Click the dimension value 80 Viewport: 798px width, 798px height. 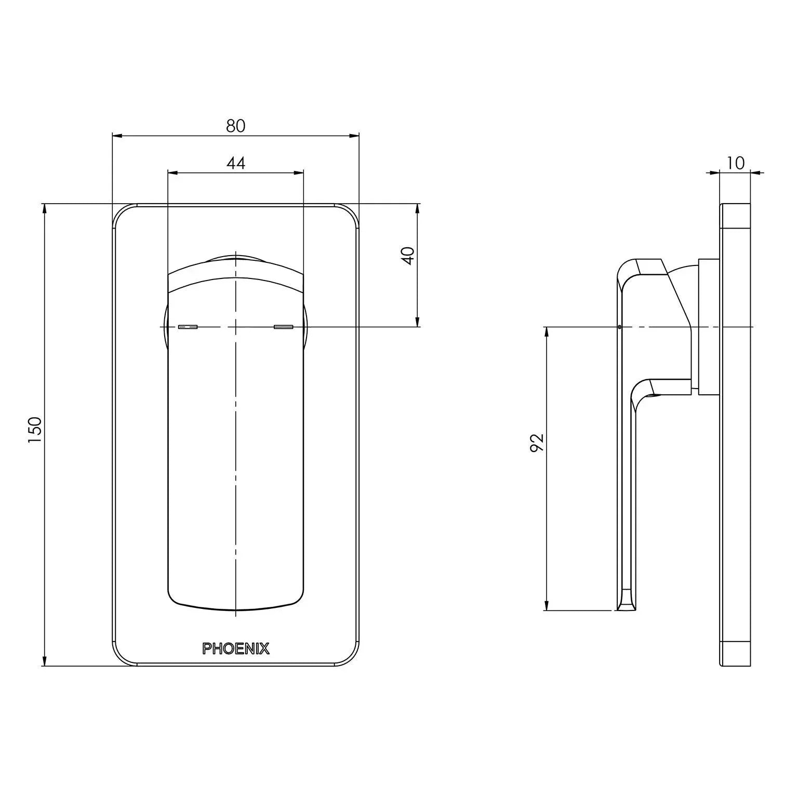(235, 126)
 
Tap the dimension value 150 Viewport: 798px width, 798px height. (35, 429)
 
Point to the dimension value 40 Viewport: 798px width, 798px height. (409, 256)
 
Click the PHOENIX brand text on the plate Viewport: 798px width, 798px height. (235, 648)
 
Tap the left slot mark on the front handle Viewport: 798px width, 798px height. (188, 327)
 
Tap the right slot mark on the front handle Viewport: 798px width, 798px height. (283, 327)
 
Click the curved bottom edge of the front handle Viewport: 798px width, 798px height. (235, 608)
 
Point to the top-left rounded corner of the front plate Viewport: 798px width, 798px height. (121, 212)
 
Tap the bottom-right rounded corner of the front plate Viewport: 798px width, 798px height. (351, 658)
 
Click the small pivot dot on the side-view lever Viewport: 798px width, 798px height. (620, 327)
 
